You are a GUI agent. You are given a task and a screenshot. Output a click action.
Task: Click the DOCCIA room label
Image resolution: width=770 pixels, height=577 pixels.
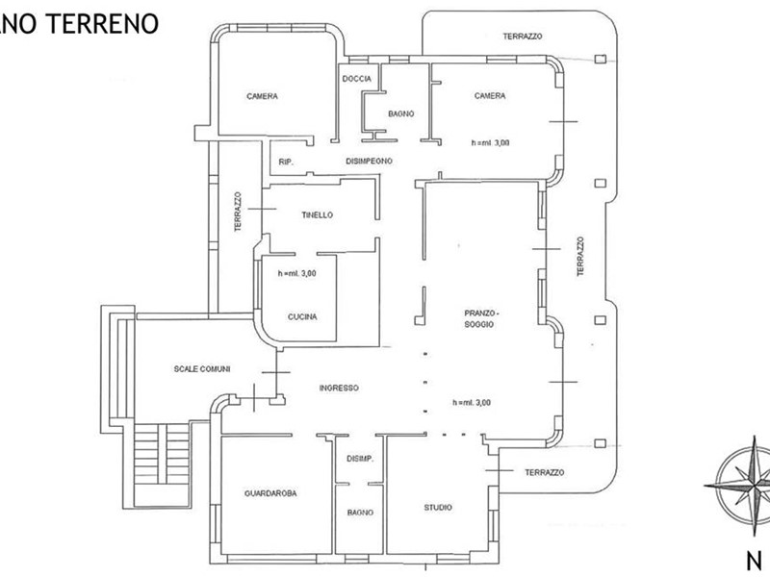pos(356,79)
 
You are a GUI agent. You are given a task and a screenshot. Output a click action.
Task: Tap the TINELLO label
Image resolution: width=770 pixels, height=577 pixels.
pos(318,214)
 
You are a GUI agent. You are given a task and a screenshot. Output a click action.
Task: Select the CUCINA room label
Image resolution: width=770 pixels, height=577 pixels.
pos(302,317)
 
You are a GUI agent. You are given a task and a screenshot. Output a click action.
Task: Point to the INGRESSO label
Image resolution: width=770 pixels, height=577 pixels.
pos(339,389)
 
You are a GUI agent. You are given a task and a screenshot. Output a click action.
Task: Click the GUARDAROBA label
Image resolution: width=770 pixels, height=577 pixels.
pos(270,493)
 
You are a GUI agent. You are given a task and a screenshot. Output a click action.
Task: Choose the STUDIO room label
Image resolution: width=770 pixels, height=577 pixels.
pos(438,508)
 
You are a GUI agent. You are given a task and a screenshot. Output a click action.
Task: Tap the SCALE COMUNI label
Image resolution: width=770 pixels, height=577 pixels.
pos(202,369)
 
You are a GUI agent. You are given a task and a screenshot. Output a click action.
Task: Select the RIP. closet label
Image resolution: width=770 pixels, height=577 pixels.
pos(286,162)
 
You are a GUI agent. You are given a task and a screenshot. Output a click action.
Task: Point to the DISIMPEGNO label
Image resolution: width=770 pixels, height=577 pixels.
pos(370,161)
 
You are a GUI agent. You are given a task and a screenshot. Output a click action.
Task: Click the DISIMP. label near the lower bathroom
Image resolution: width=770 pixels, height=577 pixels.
pos(360,460)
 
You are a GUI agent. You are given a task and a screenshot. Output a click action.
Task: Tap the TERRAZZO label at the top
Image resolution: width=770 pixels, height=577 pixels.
pos(523,37)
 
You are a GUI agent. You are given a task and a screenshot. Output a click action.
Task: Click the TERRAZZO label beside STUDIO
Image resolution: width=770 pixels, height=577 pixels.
pos(545,472)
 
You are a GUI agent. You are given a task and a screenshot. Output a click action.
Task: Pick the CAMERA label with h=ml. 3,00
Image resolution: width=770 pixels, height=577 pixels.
pos(490,95)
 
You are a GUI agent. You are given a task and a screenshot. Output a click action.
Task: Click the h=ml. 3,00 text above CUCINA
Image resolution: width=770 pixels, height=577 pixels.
pos(297,274)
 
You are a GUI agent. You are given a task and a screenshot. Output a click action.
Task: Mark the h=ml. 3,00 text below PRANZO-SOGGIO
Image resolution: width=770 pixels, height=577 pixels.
pos(472,403)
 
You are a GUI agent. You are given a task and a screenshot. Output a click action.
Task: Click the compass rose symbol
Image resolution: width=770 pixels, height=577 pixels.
pos(741,486)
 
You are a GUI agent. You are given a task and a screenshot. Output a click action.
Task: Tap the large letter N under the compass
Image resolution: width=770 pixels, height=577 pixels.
pos(755,561)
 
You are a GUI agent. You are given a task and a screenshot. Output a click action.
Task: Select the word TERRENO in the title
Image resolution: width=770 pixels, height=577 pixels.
pos(102,23)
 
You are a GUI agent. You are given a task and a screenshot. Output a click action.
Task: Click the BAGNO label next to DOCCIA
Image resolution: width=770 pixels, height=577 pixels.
pos(401,113)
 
